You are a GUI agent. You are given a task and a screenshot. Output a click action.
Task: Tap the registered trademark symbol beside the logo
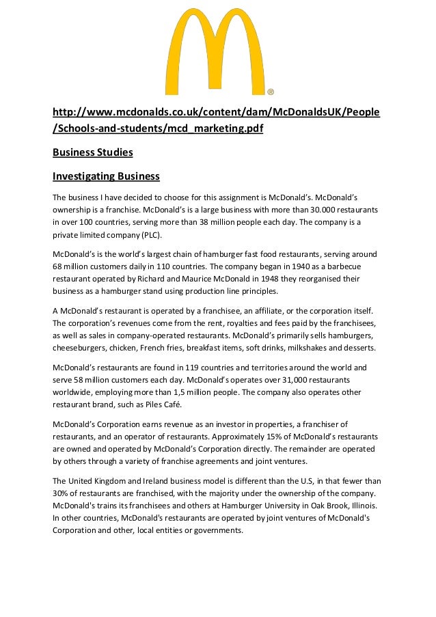coord(271,91)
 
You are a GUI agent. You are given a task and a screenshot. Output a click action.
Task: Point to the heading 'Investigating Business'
coord(106,177)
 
